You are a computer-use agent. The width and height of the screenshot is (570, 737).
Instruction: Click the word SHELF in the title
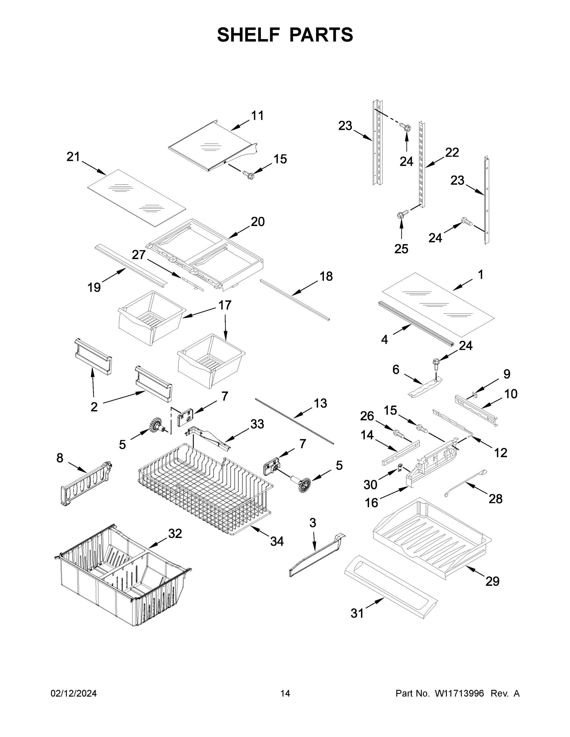(x=248, y=35)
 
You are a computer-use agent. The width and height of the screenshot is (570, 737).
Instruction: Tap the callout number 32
(x=175, y=533)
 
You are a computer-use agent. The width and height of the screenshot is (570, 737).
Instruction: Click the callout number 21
(x=73, y=157)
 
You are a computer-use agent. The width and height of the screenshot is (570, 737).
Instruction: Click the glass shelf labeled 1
(x=437, y=304)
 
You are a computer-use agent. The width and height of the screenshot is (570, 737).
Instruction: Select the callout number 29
(x=492, y=581)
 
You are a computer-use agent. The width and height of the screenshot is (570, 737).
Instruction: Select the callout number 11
(x=257, y=115)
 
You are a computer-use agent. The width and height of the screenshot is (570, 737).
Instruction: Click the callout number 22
(x=452, y=153)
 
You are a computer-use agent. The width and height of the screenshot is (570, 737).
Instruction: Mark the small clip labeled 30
(x=400, y=468)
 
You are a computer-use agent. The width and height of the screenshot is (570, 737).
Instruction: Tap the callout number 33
(x=257, y=424)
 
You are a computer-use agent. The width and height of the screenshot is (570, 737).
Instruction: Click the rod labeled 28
(x=466, y=483)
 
